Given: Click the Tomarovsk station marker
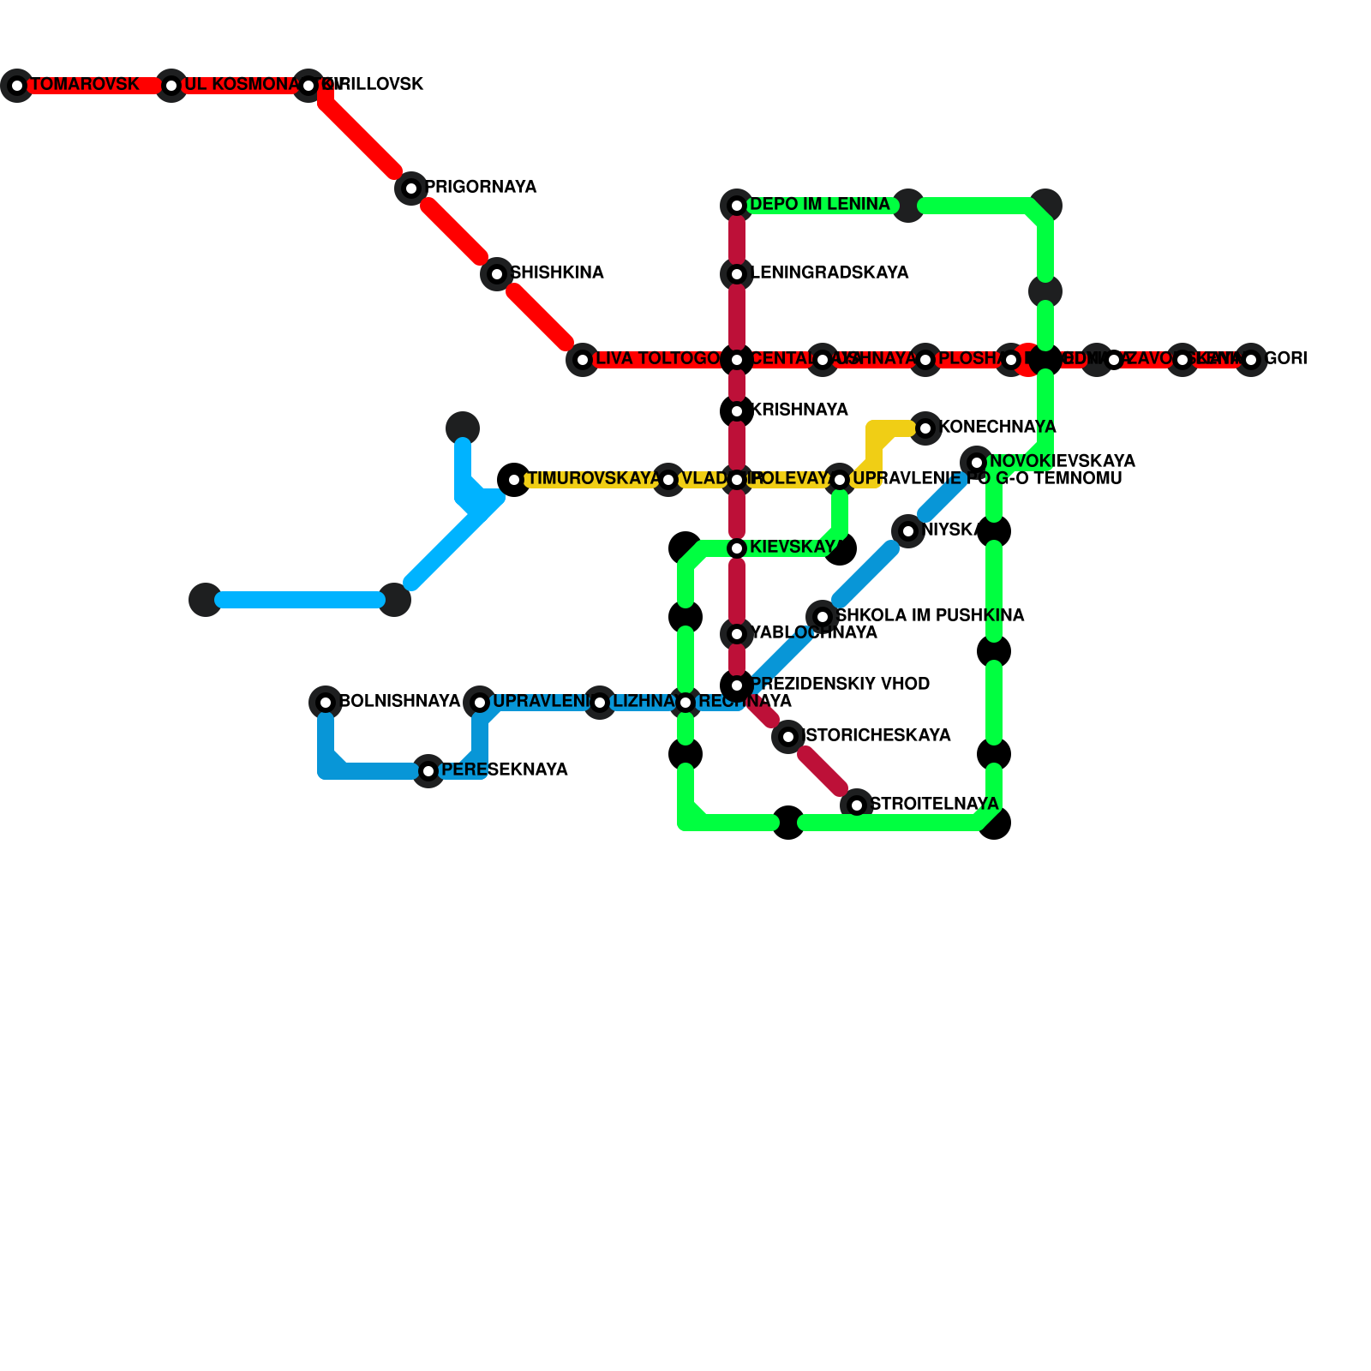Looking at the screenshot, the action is click(17, 86).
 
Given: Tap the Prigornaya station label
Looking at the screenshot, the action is click(481, 188).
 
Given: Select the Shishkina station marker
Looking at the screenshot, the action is click(497, 274).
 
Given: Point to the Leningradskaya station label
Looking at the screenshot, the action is click(829, 273).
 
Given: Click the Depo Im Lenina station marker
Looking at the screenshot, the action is click(737, 206).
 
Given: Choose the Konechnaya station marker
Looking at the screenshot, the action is click(925, 428).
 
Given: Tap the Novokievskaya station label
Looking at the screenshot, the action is click(1062, 462).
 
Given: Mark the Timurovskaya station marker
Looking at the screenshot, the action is click(514, 480).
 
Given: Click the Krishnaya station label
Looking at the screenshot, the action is click(799, 410).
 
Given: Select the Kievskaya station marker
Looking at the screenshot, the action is click(737, 548).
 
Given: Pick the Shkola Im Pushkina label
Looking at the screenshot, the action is click(930, 616).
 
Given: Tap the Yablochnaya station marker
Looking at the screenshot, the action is click(737, 634).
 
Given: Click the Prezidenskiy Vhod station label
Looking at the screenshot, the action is click(840, 685).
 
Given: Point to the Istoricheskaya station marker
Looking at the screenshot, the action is click(788, 737).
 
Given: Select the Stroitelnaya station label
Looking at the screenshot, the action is click(934, 805).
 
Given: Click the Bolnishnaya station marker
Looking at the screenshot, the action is click(326, 703).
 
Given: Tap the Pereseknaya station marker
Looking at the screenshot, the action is click(428, 771).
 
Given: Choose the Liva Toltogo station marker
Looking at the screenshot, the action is click(583, 360).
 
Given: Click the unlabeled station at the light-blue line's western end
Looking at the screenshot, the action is click(206, 600).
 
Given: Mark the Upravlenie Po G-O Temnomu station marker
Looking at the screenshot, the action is click(840, 480).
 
